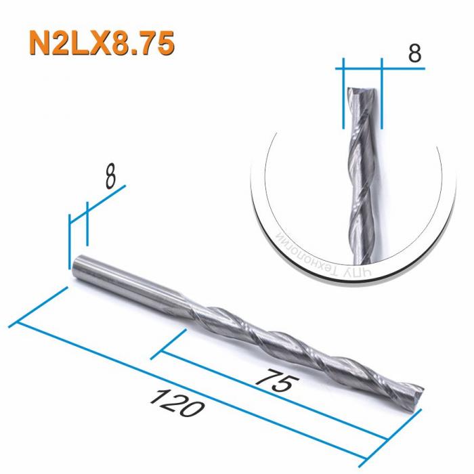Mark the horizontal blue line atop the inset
pos(362,68)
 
